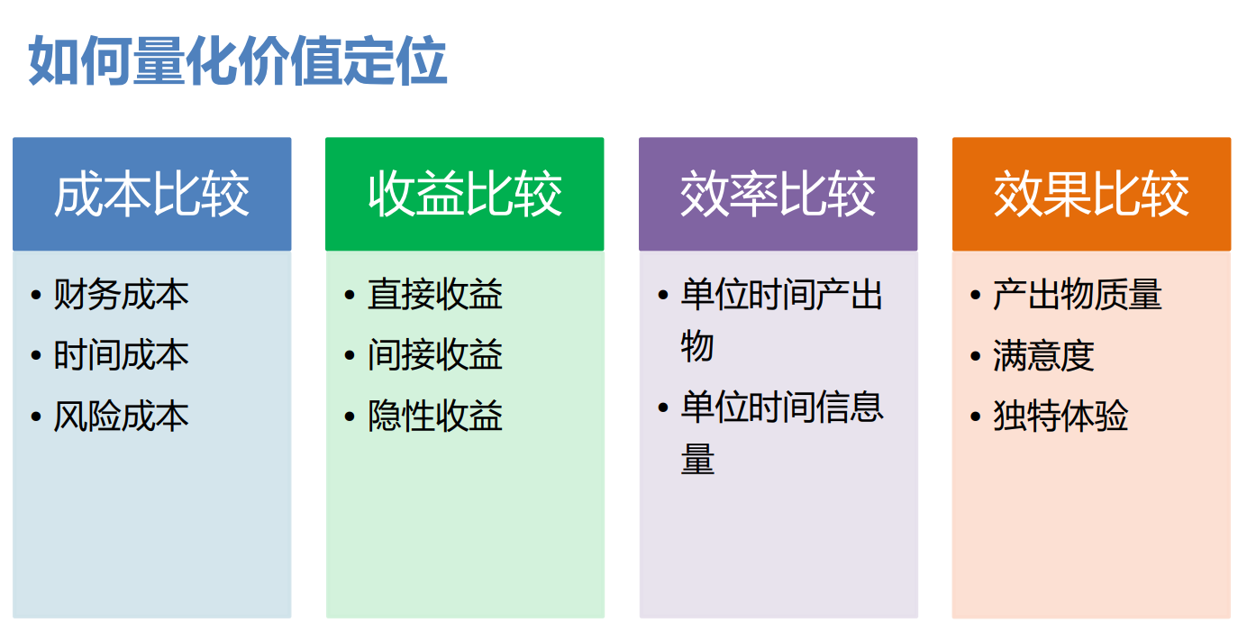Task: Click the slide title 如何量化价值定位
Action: pos(238,60)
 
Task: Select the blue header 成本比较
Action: pos(152,194)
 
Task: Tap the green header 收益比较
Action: pos(465,194)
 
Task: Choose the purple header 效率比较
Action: pos(778,194)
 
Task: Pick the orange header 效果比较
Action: pos(1092,194)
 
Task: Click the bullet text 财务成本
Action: pos(122,294)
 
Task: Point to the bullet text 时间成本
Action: pos(122,354)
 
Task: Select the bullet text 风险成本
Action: pos(122,416)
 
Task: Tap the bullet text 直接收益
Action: pos(435,294)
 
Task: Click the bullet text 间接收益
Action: pos(435,354)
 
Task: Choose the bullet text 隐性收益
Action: pos(435,416)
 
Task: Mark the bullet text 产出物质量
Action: pos(1078,294)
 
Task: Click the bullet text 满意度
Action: pos(1043,354)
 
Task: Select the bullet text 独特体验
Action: pos(1061,416)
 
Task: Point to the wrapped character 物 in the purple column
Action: pos(697,346)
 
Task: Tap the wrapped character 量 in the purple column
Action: pos(697,459)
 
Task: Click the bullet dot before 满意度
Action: pos(975,355)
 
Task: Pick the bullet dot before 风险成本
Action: pos(36,416)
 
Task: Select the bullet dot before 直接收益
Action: pos(350,295)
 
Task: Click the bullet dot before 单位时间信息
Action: pos(663,407)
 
